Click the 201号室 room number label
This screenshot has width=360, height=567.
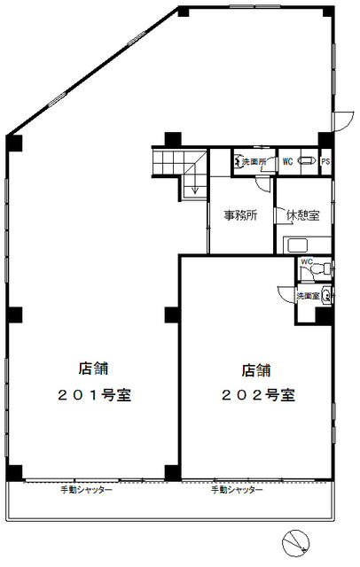tap(94, 395)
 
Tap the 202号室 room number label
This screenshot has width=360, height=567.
tap(258, 395)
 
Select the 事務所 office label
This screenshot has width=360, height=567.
tap(240, 215)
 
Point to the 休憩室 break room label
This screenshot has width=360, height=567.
tap(303, 215)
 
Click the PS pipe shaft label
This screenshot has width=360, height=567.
tap(325, 161)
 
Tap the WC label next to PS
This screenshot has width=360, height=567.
tap(287, 161)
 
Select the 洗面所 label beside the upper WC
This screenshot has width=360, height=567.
tap(254, 161)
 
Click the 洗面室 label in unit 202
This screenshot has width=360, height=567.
tap(308, 296)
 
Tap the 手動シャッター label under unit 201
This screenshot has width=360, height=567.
tap(86, 490)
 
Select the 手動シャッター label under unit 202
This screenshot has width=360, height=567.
tap(237, 490)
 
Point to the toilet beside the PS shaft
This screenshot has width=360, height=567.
tap(307, 161)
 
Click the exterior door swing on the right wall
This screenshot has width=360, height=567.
tap(343, 121)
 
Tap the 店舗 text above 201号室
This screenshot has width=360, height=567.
tap(94, 369)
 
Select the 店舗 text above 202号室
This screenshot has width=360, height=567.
tap(256, 370)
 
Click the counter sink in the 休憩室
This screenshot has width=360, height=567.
tap(298, 245)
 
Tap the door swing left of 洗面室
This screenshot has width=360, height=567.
tap(286, 293)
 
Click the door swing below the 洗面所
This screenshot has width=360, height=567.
tap(262, 184)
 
